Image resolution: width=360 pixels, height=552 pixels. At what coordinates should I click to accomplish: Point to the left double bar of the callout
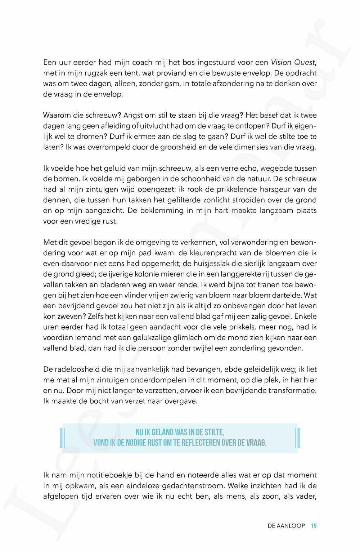[63, 437]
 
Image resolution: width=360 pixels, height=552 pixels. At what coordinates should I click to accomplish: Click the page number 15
[314, 526]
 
